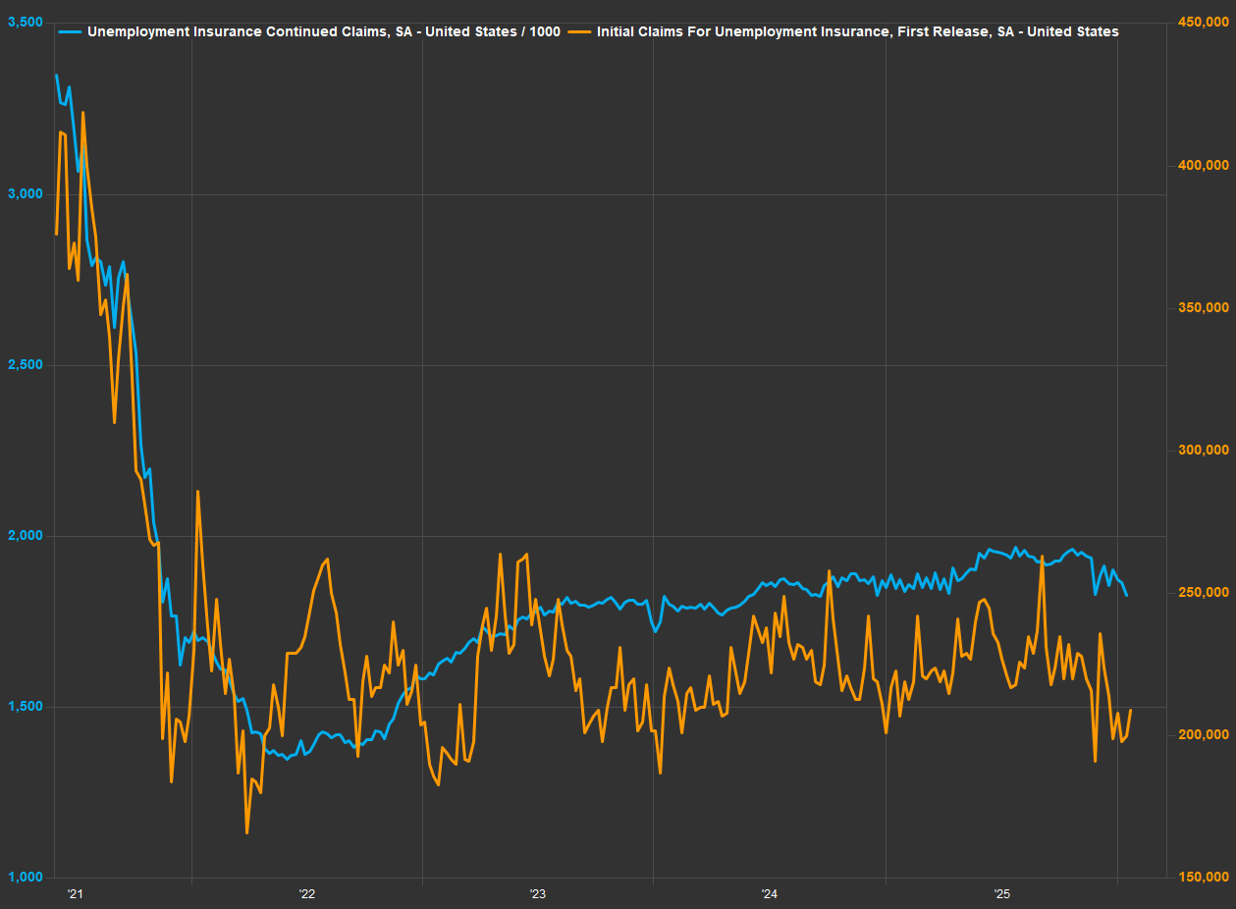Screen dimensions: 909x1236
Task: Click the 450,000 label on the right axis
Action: coord(1203,23)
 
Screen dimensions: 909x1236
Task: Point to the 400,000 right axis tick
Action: coord(1203,165)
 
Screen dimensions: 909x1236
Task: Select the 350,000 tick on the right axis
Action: coord(1203,307)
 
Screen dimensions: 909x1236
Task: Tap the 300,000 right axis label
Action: coord(1203,450)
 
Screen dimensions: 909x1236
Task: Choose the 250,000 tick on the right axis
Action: coord(1203,592)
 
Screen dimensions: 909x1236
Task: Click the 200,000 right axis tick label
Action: coord(1203,734)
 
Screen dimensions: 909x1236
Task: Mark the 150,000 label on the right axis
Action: coord(1203,878)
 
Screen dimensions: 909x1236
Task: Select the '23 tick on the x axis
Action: coord(538,894)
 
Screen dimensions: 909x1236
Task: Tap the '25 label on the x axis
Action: coord(1001,894)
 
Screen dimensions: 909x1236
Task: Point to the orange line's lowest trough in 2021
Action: coord(246,833)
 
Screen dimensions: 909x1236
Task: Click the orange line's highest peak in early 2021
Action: coord(82,112)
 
